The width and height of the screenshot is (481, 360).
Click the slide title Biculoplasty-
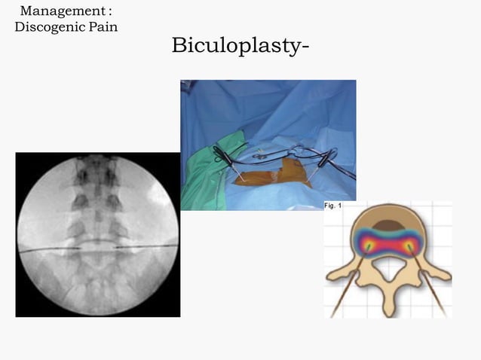coord(240,45)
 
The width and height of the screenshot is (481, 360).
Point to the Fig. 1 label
coord(333,206)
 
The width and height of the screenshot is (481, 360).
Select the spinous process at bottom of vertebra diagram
coord(388,305)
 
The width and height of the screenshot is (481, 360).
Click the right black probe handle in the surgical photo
coord(326,159)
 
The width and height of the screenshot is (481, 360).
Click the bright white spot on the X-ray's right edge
coord(165,197)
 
